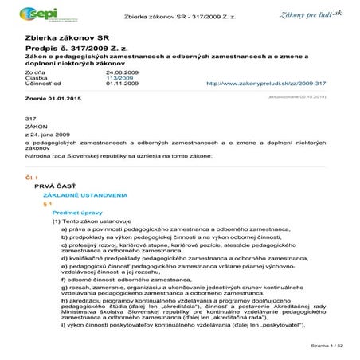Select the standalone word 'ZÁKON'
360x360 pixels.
tap(37, 126)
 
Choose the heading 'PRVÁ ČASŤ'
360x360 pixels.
tap(54, 184)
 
